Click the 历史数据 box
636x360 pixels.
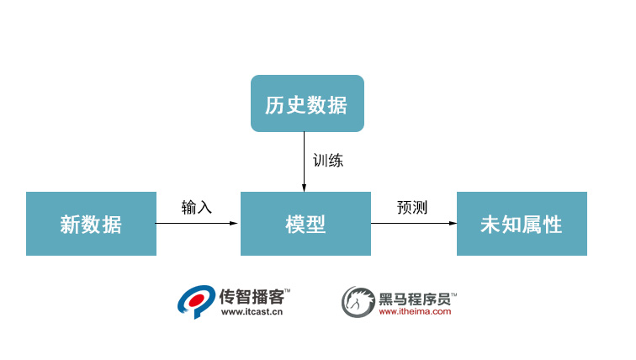(x=307, y=103)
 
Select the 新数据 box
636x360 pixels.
(x=91, y=224)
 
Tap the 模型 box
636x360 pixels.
(x=305, y=224)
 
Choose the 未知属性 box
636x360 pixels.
(x=522, y=224)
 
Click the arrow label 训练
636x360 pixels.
(x=327, y=160)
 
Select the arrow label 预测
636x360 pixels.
(x=412, y=207)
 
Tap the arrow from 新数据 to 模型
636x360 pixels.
(x=198, y=224)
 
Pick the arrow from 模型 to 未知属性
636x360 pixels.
(x=413, y=224)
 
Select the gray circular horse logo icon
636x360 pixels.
(x=357, y=301)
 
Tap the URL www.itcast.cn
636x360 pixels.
(x=251, y=311)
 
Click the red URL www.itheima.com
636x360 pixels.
(x=415, y=311)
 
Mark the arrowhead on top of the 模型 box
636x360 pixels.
(x=305, y=187)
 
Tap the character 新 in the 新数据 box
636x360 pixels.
(x=70, y=225)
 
